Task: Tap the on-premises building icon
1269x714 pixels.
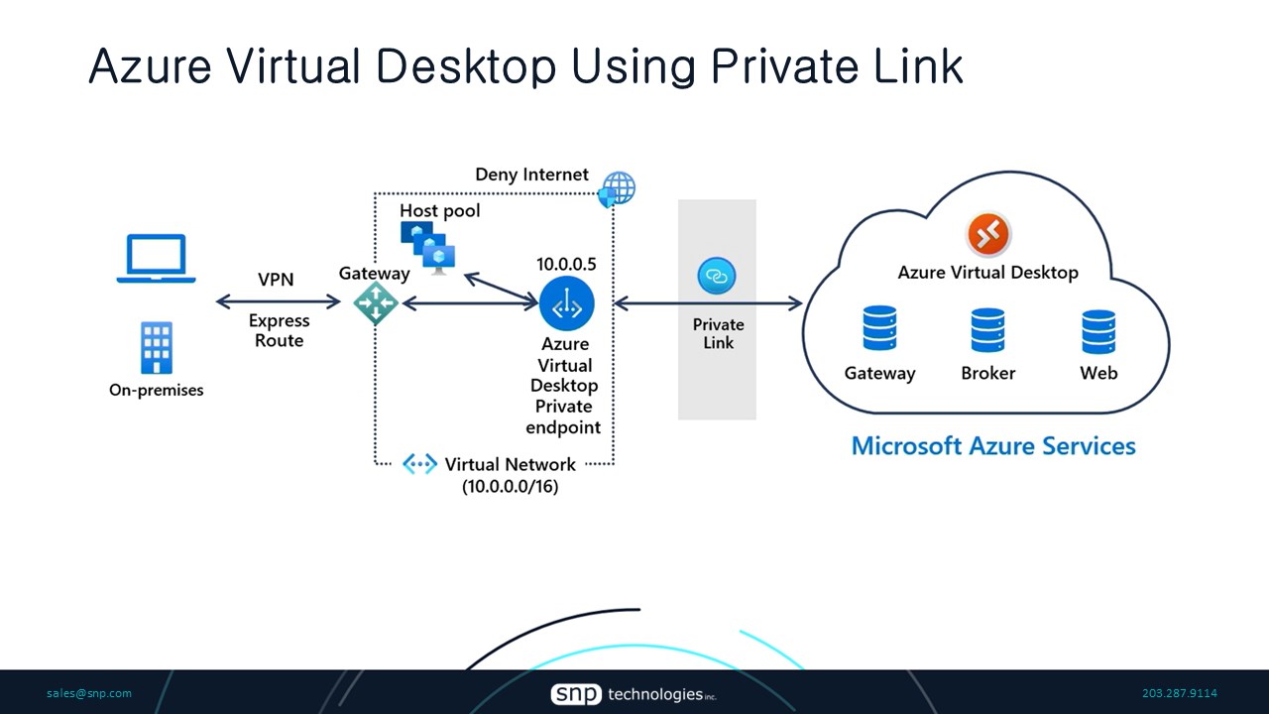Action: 157,348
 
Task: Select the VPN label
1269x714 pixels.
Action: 276,280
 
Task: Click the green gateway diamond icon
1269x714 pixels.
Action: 376,303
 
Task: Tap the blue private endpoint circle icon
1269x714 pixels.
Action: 566,303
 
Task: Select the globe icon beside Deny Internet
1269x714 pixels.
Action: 618,188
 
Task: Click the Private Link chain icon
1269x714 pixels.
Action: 717,276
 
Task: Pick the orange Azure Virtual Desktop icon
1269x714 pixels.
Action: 987,235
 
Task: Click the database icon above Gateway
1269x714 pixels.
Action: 879,330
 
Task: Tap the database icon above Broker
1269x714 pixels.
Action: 987,330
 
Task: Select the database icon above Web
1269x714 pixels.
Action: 1098,331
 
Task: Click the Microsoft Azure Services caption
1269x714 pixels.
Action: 993,445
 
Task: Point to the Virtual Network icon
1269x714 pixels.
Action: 419,464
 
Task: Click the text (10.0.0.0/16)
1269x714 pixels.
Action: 510,487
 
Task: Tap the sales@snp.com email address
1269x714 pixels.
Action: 89,693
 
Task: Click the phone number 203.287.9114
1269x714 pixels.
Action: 1179,693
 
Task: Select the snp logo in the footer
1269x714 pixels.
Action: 576,694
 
